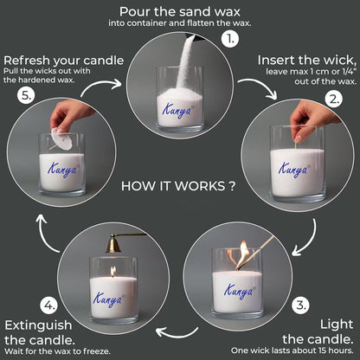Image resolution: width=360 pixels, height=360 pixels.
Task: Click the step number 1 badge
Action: pyautogui.click(x=228, y=40)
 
